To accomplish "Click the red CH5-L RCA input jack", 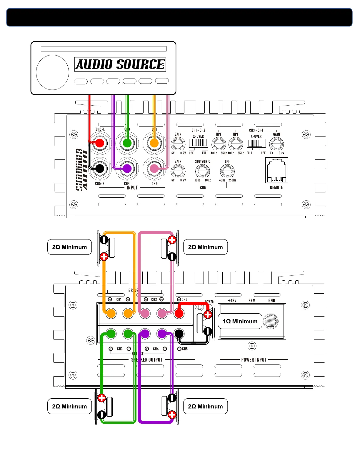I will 100,143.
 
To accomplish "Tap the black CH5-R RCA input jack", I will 100,169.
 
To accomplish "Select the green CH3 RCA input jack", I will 127,143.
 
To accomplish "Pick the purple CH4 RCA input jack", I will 127,169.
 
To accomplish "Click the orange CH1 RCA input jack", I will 154,143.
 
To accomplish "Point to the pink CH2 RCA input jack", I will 154,169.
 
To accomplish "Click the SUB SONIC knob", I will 202,171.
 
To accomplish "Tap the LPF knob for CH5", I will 227,171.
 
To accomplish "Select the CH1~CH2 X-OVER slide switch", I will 199,143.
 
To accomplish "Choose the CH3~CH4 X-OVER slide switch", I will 256,143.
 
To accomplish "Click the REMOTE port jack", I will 276,170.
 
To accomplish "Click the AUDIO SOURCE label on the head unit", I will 120,64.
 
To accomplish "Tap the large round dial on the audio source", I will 52,72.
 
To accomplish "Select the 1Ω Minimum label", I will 240,321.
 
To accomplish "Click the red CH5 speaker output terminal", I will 179,313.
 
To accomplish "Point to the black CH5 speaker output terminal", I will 179,334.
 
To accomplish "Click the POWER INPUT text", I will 254,360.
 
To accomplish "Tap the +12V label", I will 232,301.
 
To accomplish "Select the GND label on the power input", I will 271,301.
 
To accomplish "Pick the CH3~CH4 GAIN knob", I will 276,144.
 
